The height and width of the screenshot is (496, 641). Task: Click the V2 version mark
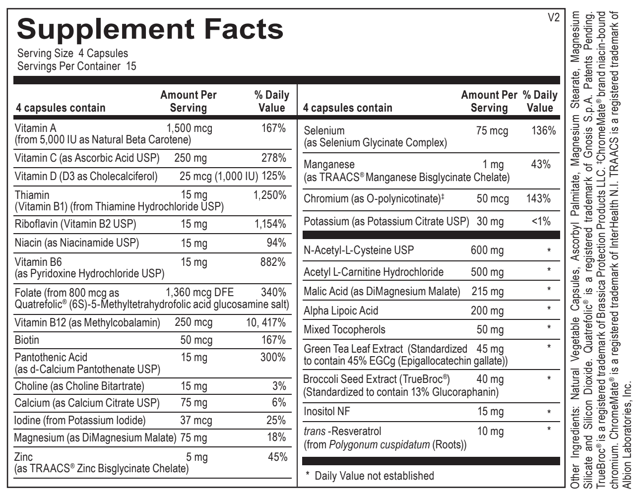tap(553, 18)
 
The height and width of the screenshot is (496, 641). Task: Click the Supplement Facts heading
tap(150, 29)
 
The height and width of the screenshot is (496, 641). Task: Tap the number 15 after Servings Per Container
tap(131, 66)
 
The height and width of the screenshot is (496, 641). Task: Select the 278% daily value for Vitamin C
tap(273, 158)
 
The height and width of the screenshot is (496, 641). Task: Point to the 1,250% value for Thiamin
tap(269, 195)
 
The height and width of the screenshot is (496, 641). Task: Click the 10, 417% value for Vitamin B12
tap(266, 322)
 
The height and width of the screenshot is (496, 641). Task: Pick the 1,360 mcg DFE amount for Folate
tap(199, 292)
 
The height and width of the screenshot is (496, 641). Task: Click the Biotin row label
tap(27, 340)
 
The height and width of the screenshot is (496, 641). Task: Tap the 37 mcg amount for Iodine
tap(196, 420)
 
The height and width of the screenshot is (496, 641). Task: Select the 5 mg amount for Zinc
tap(197, 457)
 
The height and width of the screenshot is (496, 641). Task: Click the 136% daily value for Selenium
tap(543, 130)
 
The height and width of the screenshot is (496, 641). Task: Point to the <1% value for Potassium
tap(541, 221)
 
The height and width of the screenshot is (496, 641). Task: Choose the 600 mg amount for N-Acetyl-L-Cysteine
tap(487, 250)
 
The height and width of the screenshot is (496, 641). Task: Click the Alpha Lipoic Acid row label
tap(341, 310)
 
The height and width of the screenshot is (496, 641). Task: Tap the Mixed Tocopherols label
tap(344, 329)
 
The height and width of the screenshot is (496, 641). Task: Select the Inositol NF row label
tap(327, 411)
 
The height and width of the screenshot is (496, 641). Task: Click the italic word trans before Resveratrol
tap(315, 431)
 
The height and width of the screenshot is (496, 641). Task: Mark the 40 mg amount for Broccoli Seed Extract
tap(490, 379)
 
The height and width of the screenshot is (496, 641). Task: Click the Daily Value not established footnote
tap(370, 476)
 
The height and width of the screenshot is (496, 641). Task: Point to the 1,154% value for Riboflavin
tap(270, 224)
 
